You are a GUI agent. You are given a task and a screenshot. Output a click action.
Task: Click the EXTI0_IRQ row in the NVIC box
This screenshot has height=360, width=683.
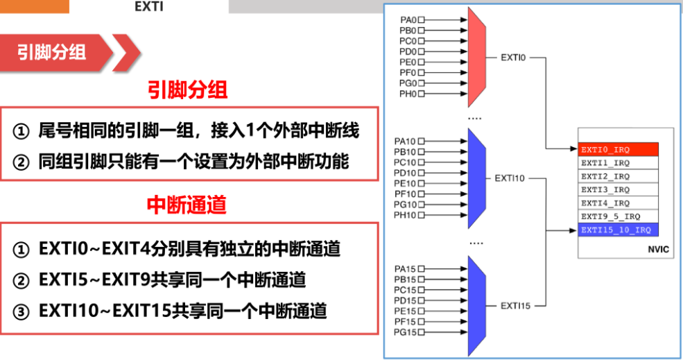coord(618,150)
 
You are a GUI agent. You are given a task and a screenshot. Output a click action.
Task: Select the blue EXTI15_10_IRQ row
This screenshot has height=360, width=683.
coord(618,230)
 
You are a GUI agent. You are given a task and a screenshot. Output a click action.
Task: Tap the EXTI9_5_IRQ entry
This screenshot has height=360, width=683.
coord(618,216)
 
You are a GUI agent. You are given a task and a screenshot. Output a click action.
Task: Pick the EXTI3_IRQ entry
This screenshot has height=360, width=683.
coord(618,189)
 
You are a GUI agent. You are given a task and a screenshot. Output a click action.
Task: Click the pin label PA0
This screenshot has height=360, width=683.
coord(408,20)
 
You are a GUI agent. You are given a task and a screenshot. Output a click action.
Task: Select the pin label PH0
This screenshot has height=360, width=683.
coord(408,94)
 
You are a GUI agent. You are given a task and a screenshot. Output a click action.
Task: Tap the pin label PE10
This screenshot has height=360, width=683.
coord(405,183)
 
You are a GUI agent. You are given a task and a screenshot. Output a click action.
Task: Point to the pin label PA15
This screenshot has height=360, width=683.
coord(405,269)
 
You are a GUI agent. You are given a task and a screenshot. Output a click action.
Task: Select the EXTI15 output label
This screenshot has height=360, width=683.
coord(516,305)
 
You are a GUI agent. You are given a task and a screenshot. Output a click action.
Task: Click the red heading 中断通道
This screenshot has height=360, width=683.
coord(187,205)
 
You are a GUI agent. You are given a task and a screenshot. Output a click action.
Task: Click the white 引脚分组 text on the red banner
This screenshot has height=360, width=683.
coord(52,53)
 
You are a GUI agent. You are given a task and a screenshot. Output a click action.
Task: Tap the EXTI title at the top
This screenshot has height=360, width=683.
coord(148,7)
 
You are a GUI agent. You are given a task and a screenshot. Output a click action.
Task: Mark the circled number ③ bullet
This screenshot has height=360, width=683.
coord(22,311)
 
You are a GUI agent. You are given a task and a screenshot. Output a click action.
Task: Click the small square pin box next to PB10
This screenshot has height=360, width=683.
coord(422,152)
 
